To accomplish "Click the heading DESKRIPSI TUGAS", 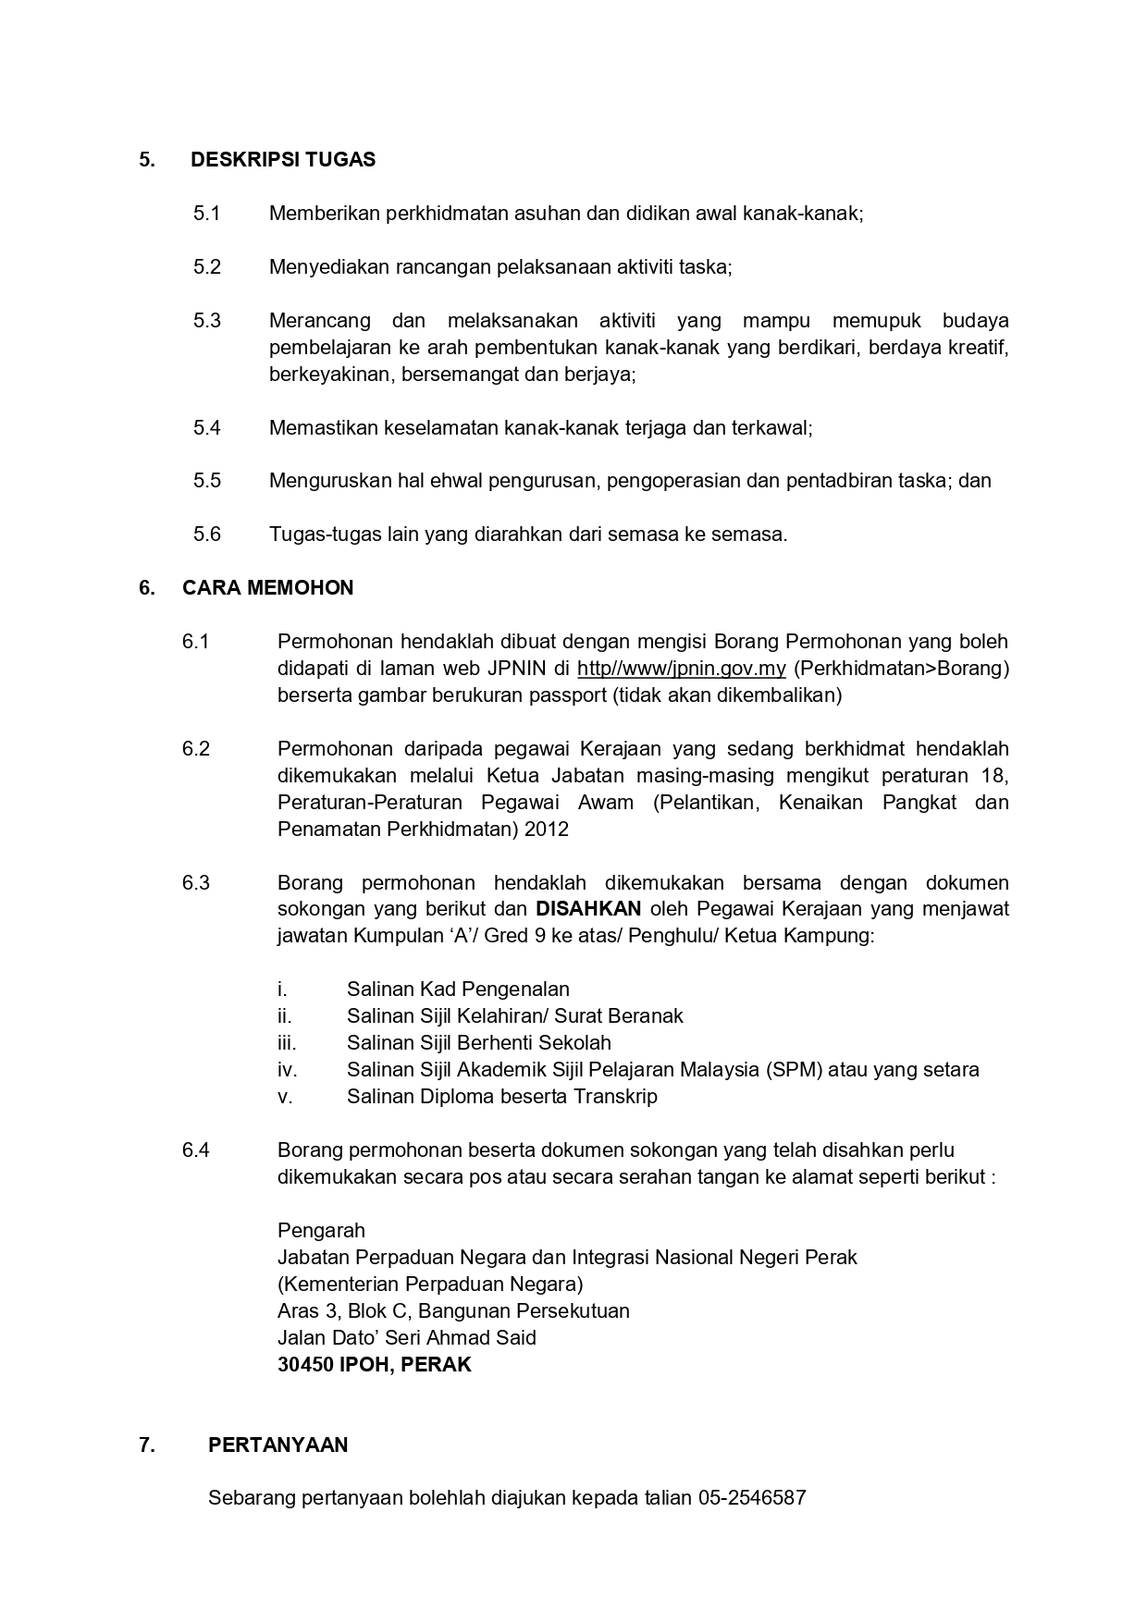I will coord(282,160).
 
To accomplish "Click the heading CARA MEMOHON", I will coord(267,588).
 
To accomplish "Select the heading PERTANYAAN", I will coord(278,1445).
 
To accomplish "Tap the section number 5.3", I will coord(207,321).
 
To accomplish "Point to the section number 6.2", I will coord(196,749).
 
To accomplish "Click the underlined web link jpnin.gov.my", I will coord(681,669).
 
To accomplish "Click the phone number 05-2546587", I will coord(752,1498).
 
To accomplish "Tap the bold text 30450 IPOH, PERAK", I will coord(374,1365).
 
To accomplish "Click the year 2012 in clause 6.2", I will coord(546,830).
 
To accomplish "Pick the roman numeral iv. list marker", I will coord(287,1070).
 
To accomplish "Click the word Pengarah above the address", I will coord(321,1231).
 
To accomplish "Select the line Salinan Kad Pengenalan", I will coord(458,990).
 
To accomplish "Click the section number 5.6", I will coord(207,535).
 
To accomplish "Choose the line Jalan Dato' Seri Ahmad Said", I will coord(406,1338).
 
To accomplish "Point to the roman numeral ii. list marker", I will coord(284,1016).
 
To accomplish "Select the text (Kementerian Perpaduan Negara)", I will coord(430,1285).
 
